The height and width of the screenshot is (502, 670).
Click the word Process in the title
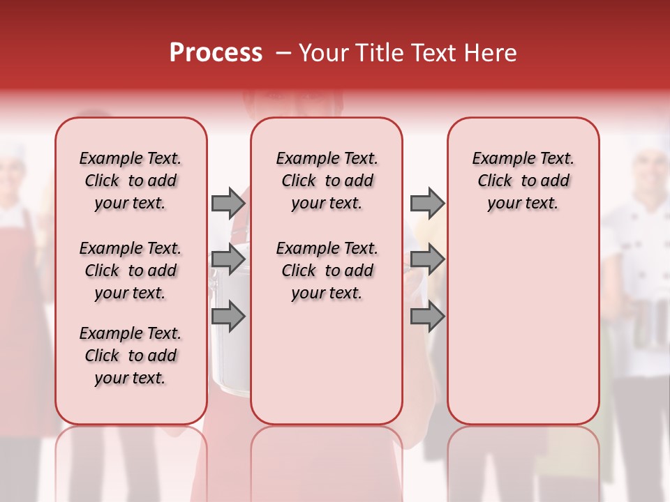216,53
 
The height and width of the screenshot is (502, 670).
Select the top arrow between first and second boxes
228,203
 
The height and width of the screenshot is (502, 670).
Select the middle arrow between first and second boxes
228,259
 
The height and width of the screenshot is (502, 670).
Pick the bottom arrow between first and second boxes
228,317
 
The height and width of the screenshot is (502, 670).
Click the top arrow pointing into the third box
427,203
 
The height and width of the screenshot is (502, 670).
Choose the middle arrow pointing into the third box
427,259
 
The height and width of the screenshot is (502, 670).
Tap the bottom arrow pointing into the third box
427,317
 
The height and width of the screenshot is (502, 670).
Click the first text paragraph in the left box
131,181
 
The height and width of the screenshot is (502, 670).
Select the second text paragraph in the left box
131,271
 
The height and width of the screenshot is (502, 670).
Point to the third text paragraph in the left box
131,356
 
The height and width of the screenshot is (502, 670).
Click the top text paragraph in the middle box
327,181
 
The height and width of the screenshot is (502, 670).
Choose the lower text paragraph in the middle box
327,271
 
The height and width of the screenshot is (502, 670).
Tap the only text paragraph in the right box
523,181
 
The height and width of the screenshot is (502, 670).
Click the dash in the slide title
283,54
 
